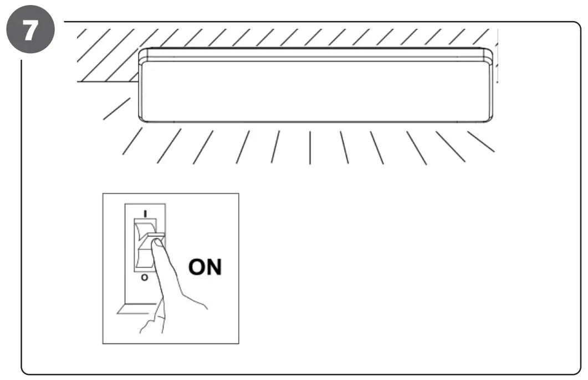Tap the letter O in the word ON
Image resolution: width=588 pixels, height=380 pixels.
(x=198, y=267)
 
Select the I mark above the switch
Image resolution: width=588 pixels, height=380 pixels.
(x=146, y=213)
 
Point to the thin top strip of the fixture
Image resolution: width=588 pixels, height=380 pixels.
(x=316, y=54)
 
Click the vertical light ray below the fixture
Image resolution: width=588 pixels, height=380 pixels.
(x=310, y=147)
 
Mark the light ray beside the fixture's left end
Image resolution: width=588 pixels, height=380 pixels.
(x=116, y=109)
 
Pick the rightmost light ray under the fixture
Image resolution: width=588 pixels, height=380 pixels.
(x=480, y=141)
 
